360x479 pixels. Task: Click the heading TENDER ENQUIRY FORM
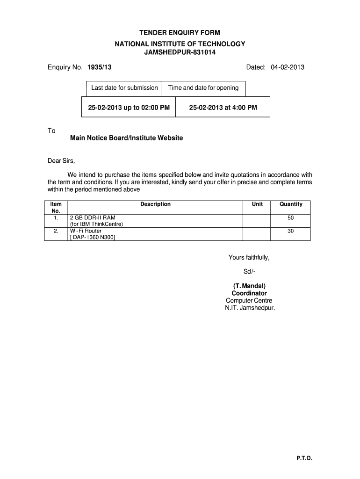tap(180, 33)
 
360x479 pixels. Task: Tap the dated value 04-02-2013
tap(287, 67)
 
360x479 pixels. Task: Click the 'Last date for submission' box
tap(124, 88)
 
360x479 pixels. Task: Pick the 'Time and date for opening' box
tap(203, 88)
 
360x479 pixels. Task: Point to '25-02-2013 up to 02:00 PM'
tap(129, 108)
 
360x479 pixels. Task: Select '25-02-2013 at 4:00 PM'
tap(223, 108)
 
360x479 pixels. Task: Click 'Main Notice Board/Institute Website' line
tap(126, 138)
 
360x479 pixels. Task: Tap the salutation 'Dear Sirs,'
tap(61, 161)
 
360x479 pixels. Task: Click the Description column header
tap(155, 204)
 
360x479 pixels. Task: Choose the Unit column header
tap(257, 204)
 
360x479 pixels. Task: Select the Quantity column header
tap(291, 204)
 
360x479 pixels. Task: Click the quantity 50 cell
tap(291, 218)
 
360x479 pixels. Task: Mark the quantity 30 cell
tap(291, 231)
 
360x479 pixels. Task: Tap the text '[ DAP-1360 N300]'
tap(92, 238)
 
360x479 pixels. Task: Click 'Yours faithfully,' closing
tap(249, 257)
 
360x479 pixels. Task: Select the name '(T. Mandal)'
tap(249, 286)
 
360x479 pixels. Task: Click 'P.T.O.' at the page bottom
tap(304, 459)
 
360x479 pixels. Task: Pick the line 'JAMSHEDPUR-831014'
tap(180, 52)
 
